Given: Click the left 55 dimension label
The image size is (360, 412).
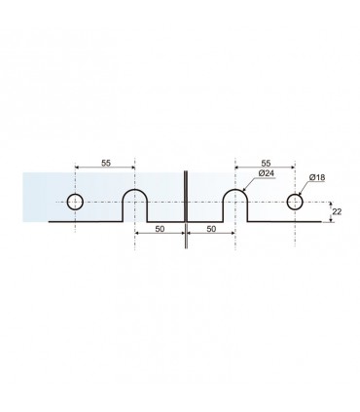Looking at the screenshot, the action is click(x=106, y=163).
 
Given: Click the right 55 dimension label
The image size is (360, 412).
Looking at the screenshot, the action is click(x=266, y=163).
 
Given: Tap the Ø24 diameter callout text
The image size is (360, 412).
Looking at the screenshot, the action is click(x=267, y=173).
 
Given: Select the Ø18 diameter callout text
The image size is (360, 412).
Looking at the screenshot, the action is click(x=317, y=177).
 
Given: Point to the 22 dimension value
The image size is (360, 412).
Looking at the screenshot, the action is click(x=337, y=211).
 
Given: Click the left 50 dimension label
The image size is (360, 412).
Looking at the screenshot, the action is click(x=160, y=229).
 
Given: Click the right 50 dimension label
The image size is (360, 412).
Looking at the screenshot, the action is click(x=211, y=229).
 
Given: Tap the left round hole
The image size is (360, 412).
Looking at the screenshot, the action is click(x=67, y=202).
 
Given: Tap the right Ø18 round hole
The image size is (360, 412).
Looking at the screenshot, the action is click(x=287, y=202).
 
